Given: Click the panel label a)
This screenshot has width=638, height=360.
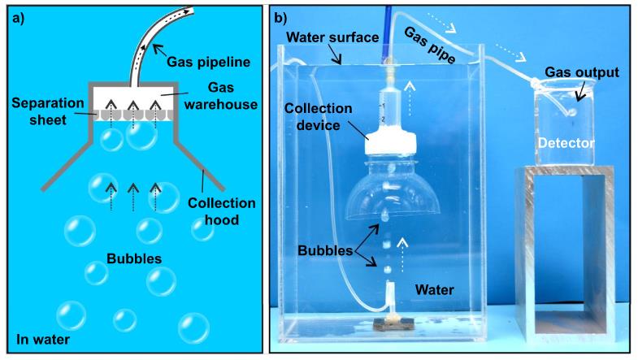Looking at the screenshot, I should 16,18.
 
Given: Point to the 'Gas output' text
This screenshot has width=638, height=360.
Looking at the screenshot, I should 582,72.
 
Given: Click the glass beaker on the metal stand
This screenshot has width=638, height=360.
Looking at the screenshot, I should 568,122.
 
